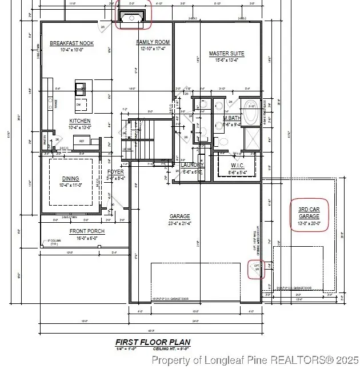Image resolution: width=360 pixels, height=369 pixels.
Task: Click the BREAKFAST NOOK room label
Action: tap(71, 43)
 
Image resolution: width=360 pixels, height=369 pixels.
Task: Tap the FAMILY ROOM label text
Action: tap(153, 42)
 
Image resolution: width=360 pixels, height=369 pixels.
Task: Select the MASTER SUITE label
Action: tap(226, 54)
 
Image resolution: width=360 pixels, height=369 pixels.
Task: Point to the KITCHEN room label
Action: tap(80, 121)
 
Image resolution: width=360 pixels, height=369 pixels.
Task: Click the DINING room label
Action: tap(71, 179)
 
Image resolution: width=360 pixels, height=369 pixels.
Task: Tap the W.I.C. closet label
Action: tap(238, 165)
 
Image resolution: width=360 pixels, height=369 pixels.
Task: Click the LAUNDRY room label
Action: tap(192, 165)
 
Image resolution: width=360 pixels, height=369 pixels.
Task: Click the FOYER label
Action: tap(116, 172)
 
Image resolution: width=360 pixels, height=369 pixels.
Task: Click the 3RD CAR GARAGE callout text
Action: tap(309, 212)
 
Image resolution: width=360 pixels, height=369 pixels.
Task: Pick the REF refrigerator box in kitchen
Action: tap(82, 141)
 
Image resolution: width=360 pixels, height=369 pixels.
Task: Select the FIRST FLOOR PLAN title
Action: tap(153, 342)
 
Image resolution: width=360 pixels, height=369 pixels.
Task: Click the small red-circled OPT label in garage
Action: tap(257, 267)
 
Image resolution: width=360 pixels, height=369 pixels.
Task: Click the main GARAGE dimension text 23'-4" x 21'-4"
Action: tap(180, 223)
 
